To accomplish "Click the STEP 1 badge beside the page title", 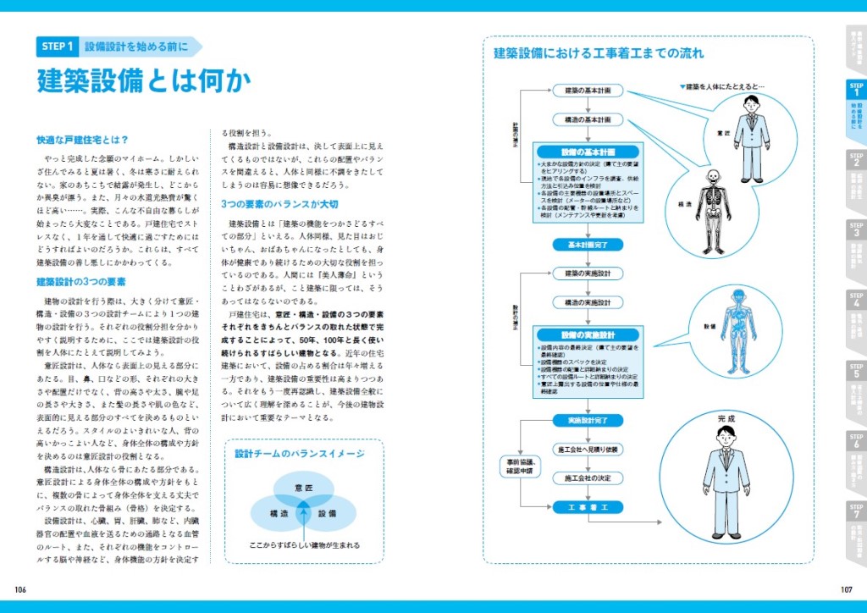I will point(58,47).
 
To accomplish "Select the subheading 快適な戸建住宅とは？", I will point(82,140).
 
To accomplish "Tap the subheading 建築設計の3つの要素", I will point(81,282).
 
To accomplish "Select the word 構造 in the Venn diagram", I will point(279,514).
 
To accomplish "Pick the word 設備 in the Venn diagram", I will point(327,514).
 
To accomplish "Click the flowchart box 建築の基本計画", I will point(588,90).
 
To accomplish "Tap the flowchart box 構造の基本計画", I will point(588,120).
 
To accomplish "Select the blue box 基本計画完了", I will point(588,244).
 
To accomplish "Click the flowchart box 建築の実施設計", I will point(588,273).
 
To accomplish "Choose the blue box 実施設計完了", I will point(588,420).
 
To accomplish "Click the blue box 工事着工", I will point(588,506).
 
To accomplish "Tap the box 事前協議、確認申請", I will point(518,466).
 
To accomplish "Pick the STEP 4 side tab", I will point(856,313).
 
